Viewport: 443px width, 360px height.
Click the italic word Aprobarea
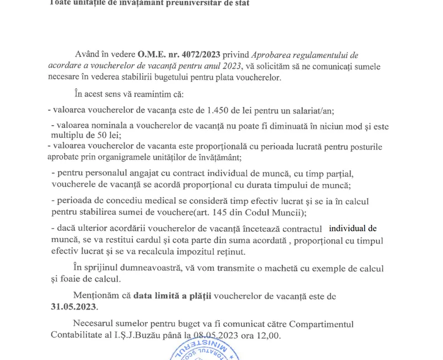[274, 54]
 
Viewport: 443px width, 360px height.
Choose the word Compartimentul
[321, 324]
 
